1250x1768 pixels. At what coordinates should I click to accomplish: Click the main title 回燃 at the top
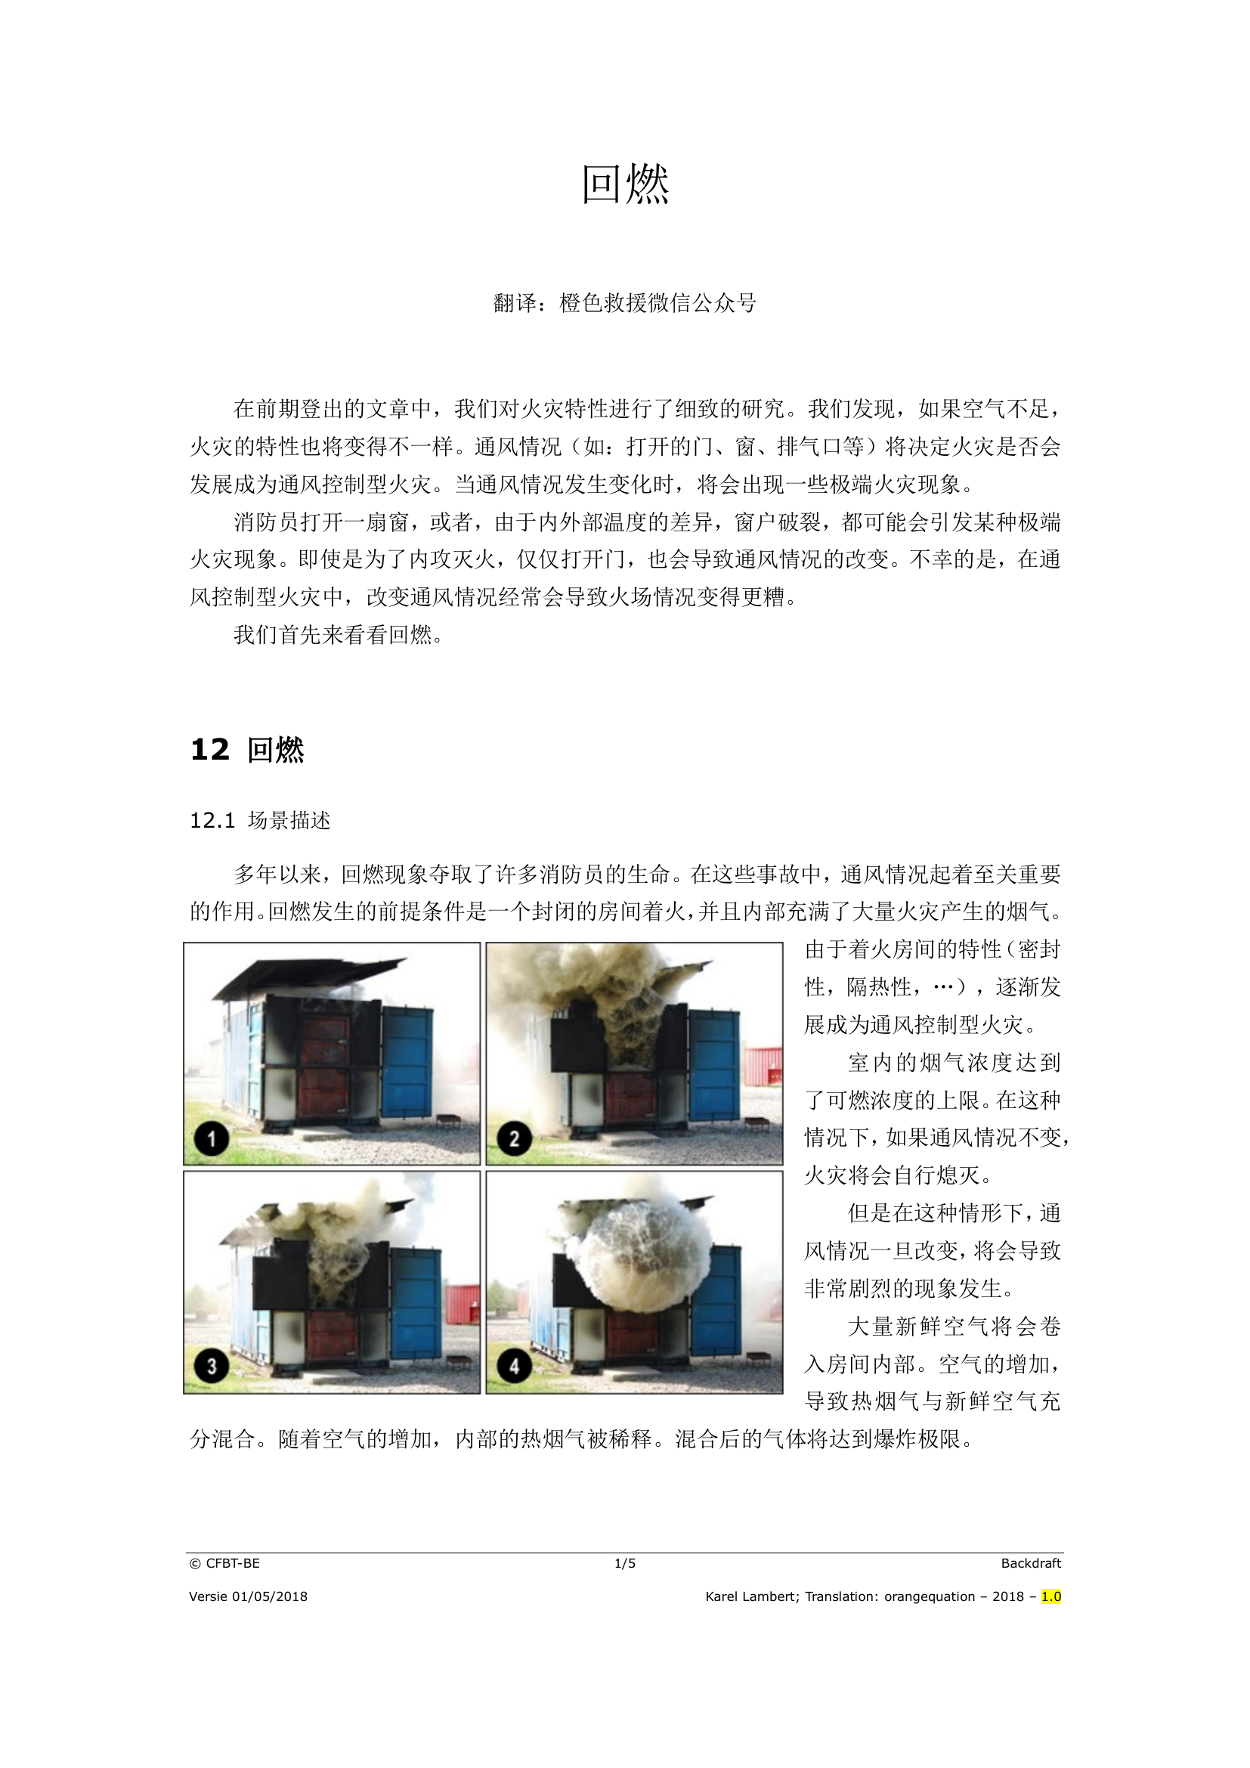pos(624,184)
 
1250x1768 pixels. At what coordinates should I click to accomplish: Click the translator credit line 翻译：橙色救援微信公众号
pos(624,303)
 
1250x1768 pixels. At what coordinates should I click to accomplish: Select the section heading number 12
pos(209,749)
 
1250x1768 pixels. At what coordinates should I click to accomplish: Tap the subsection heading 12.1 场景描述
pos(260,820)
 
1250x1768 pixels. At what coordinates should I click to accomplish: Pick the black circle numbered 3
pos(211,1366)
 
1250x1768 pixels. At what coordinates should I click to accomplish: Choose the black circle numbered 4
pos(514,1366)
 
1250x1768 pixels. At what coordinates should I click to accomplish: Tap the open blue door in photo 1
pos(407,1060)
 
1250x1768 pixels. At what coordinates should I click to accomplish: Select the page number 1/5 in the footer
pos(624,1563)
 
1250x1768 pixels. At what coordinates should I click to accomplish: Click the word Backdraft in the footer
pos(1031,1563)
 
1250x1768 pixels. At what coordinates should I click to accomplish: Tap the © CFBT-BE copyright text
pos(224,1563)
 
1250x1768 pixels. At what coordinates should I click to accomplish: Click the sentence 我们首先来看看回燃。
pos(339,635)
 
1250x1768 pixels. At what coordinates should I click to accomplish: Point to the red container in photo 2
pos(763,1068)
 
